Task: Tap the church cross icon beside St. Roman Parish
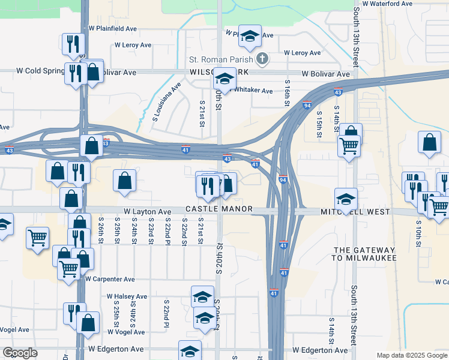(262, 59)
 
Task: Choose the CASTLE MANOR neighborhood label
(218, 209)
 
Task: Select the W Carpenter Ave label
(110, 279)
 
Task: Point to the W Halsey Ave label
(127, 296)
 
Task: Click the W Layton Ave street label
(148, 212)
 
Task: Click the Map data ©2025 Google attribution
(412, 355)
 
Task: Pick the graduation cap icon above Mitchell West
(346, 199)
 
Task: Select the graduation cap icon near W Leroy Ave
(249, 35)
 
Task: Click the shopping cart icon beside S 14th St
(348, 145)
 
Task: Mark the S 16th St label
(288, 94)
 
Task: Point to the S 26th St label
(100, 230)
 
